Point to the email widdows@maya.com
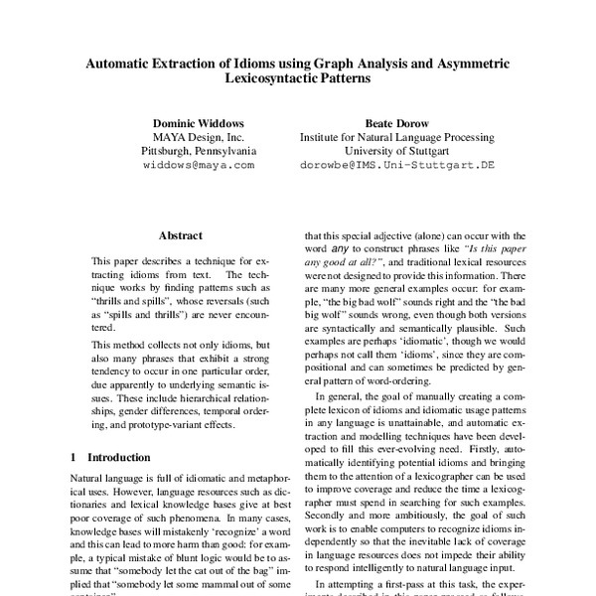click(198, 167)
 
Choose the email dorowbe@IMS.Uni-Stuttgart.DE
click(396, 167)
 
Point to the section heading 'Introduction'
click(120, 458)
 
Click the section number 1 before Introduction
click(74, 458)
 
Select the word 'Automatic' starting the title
click(118, 65)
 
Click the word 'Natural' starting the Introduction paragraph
click(90, 480)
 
